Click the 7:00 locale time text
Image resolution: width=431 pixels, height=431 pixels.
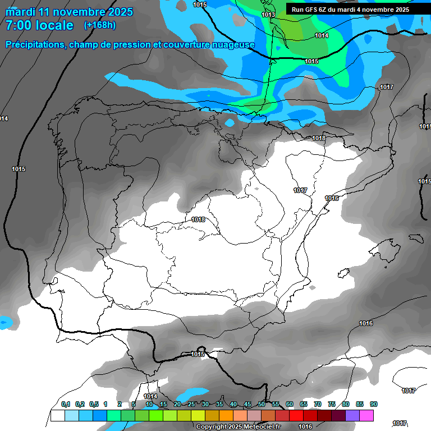39,25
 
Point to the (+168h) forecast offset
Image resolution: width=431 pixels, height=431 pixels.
100,25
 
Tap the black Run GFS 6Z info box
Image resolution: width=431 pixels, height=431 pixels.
350,10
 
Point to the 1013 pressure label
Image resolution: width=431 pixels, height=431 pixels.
268,15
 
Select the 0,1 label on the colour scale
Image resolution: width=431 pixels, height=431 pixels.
66,405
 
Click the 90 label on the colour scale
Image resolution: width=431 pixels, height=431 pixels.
374,405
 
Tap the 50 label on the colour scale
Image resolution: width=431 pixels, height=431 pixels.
262,405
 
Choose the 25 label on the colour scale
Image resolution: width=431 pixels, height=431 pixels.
191,405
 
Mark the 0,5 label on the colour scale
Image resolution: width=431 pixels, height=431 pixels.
94,405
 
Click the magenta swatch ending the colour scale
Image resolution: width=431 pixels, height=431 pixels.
366,416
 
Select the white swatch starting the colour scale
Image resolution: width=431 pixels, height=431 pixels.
57,416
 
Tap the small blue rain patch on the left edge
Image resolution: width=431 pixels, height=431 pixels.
5,322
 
